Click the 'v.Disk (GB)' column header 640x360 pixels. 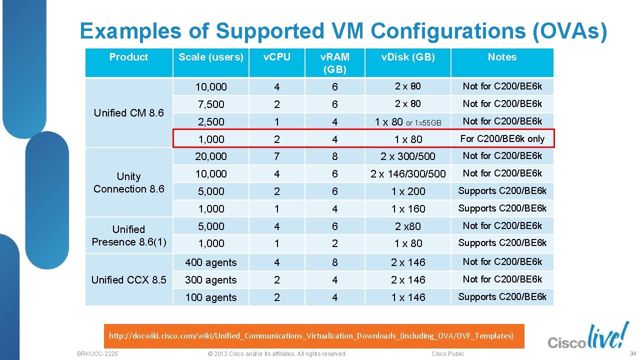tap(408, 57)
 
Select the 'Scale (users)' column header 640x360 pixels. tap(211, 57)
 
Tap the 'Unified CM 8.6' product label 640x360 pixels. tap(129, 113)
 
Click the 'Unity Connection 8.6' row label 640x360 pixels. tap(129, 182)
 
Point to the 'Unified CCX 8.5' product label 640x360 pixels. tap(129, 280)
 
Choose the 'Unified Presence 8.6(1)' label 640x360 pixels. tap(129, 235)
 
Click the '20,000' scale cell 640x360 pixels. tap(211, 156)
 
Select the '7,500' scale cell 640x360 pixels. tap(211, 104)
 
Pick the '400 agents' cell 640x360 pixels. tap(211, 262)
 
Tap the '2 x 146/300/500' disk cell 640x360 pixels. tap(408, 174)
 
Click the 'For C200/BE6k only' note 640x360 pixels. tap(502, 139)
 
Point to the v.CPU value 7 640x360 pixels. tap(277, 156)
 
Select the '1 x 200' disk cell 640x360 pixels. tap(408, 191)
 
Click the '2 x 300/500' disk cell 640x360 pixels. tap(408, 156)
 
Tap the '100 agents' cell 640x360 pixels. tap(211, 297)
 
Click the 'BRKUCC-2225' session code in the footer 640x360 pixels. tap(97, 353)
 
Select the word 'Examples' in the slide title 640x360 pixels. tap(130, 31)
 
